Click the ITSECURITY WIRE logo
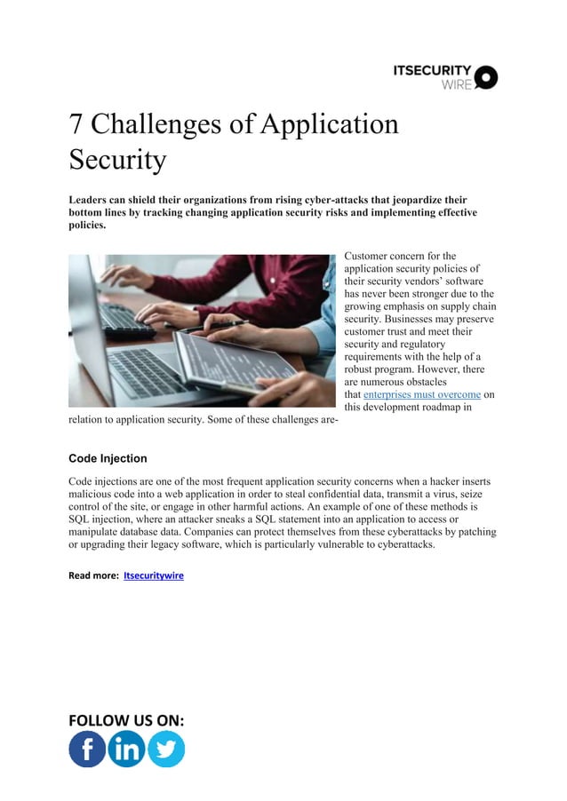coord(445,76)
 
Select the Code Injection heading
coord(108,458)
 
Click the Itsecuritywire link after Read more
coord(154,575)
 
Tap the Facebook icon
coord(87,749)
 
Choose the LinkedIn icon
coord(126,749)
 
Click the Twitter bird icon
coord(165,749)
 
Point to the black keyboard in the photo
coord(124,320)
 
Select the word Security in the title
coord(117,160)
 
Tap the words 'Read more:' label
coord(93,575)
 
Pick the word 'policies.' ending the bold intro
coord(87,226)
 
